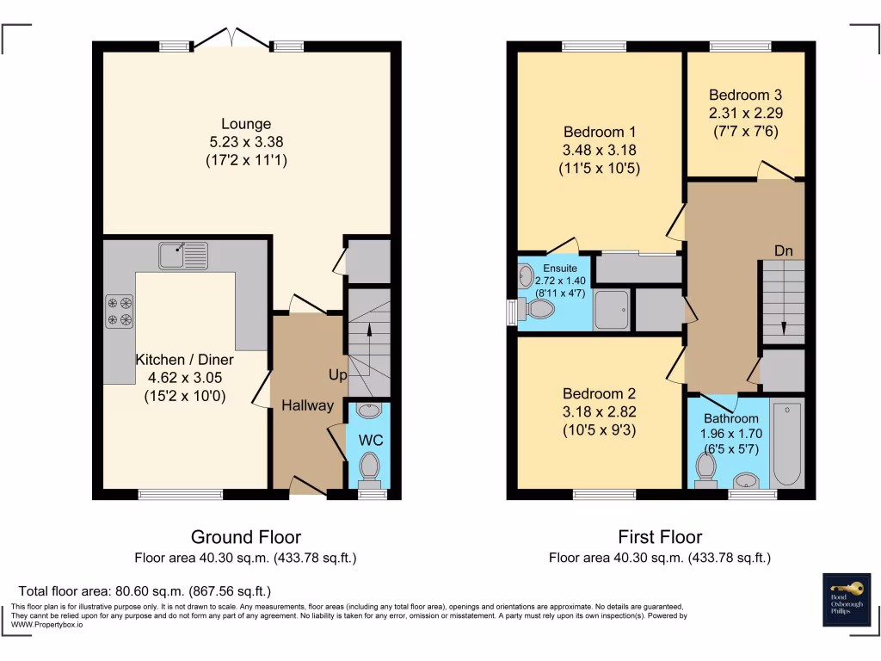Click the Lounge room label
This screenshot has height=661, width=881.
click(x=246, y=124)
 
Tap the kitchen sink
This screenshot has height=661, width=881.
click(x=183, y=254)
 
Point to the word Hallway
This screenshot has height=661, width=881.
click(x=307, y=405)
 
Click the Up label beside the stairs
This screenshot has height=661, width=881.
click(x=337, y=375)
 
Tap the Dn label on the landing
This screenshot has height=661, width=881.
click(x=783, y=251)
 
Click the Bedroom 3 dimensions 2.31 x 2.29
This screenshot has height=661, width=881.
click(x=745, y=113)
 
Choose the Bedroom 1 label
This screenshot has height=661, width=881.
click(x=599, y=133)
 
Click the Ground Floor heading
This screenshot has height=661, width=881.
click(x=245, y=537)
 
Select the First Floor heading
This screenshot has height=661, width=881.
click(x=660, y=537)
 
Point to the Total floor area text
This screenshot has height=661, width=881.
click(x=145, y=591)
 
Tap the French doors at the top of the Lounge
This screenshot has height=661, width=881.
click(x=232, y=39)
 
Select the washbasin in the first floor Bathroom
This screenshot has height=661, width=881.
click(x=744, y=480)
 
